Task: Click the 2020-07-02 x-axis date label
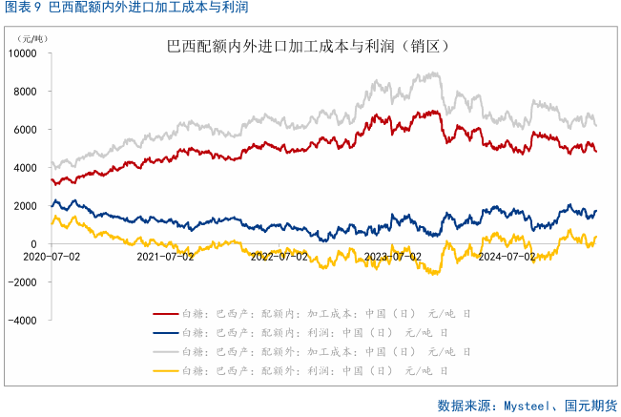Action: coord(51,256)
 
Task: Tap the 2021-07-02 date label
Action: coord(165,256)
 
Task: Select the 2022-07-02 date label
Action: coord(279,256)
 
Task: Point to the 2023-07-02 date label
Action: coord(393,256)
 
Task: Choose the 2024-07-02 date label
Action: coord(507,256)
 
